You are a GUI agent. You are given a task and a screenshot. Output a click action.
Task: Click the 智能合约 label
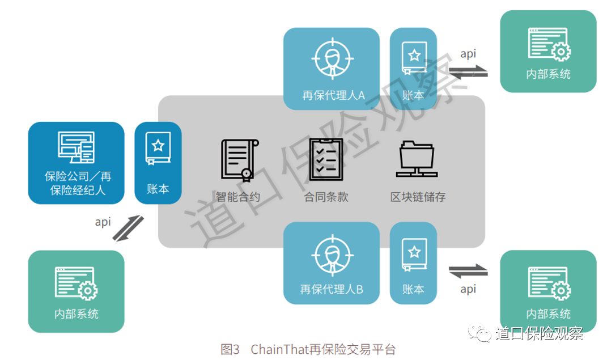pyautogui.click(x=237, y=197)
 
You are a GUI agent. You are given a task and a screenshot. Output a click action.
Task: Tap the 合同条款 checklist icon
pyautogui.click(x=326, y=159)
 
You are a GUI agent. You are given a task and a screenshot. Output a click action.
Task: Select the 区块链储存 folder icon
pyautogui.click(x=417, y=159)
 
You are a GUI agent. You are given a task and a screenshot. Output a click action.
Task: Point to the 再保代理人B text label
pyautogui.click(x=332, y=289)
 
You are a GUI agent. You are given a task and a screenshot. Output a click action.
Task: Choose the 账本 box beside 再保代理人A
pyautogui.click(x=413, y=69)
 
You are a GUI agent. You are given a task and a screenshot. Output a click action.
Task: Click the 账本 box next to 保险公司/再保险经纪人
pyautogui.click(x=158, y=163)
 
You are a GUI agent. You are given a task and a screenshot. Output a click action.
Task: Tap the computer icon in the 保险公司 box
pyautogui.click(x=76, y=147)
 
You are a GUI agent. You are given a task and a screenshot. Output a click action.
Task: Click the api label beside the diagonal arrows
pyautogui.click(x=103, y=222)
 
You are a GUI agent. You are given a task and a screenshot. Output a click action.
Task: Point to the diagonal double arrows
pyautogui.click(x=128, y=227)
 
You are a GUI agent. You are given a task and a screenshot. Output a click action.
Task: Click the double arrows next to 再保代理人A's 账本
pyautogui.click(x=468, y=71)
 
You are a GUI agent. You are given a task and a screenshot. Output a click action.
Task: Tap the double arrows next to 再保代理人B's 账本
pyautogui.click(x=468, y=271)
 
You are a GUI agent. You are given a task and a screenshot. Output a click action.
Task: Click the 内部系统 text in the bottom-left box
pyautogui.click(x=76, y=314)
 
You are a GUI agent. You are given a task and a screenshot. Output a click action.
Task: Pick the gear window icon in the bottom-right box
pyautogui.click(x=549, y=283)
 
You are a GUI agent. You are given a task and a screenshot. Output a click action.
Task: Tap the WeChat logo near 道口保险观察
pyautogui.click(x=482, y=333)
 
